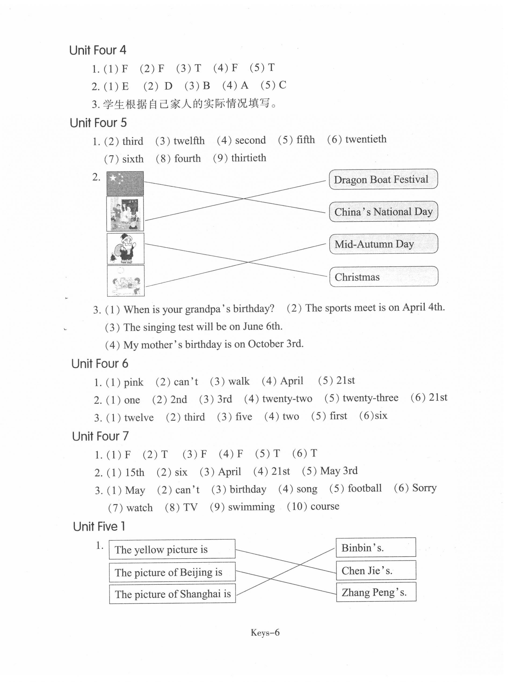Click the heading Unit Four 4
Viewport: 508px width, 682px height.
(98, 50)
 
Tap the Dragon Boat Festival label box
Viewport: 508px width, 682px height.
(383, 179)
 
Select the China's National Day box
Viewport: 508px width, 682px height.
(383, 212)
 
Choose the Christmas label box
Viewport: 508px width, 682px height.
(384, 276)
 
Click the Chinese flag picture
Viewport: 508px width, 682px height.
(125, 183)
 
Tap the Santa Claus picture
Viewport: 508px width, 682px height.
(125, 248)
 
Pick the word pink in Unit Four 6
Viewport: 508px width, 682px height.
(134, 382)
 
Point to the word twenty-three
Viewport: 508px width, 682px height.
(370, 398)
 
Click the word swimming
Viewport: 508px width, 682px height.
(251, 507)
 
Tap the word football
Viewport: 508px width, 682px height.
(364, 488)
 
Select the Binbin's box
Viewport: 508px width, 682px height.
(375, 547)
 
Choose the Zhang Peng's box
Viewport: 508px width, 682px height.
(376, 592)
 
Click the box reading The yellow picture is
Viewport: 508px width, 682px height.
(172, 549)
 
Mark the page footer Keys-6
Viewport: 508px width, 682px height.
(265, 632)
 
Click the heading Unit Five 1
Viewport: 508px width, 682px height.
(99, 526)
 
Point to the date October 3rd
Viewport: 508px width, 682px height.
(276, 344)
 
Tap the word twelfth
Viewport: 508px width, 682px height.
(189, 141)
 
